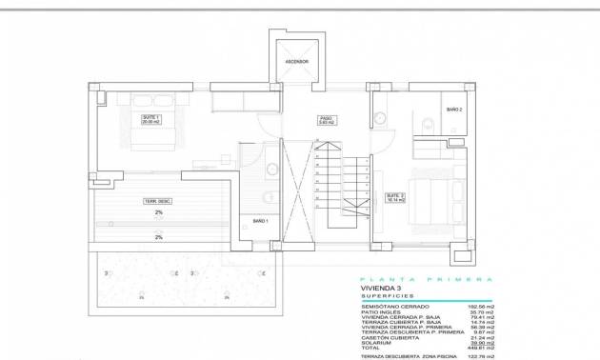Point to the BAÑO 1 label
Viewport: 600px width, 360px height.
pyautogui.click(x=260, y=221)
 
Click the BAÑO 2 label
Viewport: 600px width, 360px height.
pyautogui.click(x=454, y=110)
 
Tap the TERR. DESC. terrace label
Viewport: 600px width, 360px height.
pyautogui.click(x=157, y=200)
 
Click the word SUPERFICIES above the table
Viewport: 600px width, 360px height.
pyautogui.click(x=386, y=296)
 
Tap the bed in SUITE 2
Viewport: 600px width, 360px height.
pyautogui.click(x=434, y=196)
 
